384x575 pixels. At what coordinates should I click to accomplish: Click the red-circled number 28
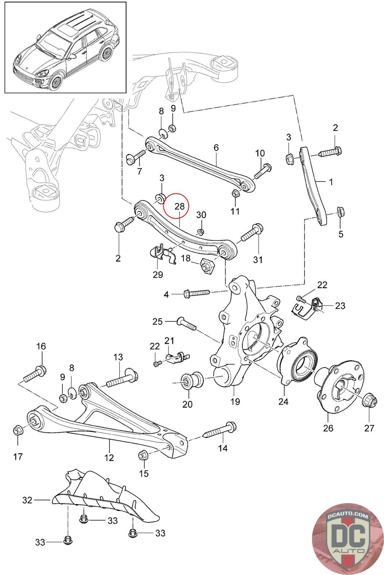179,206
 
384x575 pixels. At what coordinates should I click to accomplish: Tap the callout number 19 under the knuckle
235,401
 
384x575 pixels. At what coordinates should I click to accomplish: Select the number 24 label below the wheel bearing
283,401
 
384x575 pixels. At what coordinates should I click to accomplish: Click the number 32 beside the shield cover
27,500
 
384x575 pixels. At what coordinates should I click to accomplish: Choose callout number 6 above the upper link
216,147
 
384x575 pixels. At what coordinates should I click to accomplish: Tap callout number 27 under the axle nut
369,428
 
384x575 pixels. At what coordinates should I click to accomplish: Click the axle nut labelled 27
369,399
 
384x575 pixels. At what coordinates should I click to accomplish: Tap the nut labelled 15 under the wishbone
143,455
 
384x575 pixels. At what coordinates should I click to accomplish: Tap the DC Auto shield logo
347,539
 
